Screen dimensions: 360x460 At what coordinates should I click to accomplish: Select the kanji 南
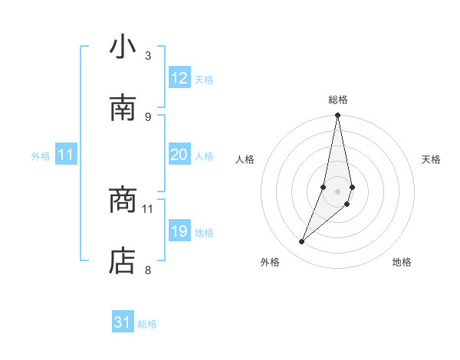(x=123, y=108)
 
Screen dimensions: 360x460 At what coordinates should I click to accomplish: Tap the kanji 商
(x=123, y=201)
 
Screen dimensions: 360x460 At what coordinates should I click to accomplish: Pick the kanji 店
(x=123, y=261)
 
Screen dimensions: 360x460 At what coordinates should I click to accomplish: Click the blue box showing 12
(x=179, y=78)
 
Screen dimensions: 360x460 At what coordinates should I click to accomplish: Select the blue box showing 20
(x=179, y=155)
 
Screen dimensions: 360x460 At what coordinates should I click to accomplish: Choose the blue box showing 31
(x=123, y=323)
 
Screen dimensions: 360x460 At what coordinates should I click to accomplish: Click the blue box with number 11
(x=66, y=155)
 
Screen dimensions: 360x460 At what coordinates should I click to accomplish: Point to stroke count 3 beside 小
(x=147, y=55)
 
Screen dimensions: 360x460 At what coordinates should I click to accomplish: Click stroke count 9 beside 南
(x=147, y=116)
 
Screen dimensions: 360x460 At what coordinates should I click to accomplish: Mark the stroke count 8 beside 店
(x=147, y=270)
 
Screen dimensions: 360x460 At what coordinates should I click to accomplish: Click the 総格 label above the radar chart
(x=338, y=100)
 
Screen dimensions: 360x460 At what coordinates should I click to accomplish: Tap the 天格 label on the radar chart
(x=432, y=159)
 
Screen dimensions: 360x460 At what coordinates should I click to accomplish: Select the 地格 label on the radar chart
(x=402, y=262)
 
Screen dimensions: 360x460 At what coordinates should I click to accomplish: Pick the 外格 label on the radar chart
(x=270, y=262)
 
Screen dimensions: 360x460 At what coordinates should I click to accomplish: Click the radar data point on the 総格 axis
(x=338, y=116)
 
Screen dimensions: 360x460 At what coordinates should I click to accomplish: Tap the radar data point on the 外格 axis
(x=302, y=242)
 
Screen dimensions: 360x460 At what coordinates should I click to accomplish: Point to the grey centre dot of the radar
(x=338, y=191)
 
